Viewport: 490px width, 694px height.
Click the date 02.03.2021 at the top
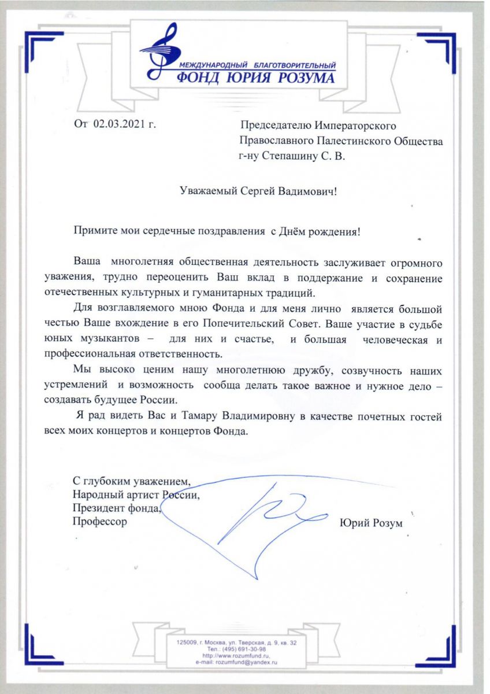(x=120, y=124)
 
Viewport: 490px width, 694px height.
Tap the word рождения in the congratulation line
(x=335, y=232)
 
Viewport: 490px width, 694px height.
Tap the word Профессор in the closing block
(x=99, y=522)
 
